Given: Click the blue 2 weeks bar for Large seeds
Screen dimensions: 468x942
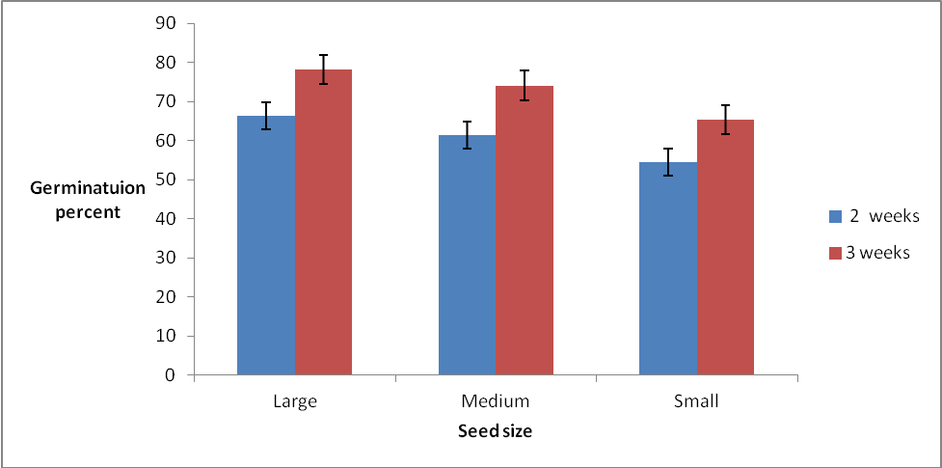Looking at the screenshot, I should [x=266, y=246].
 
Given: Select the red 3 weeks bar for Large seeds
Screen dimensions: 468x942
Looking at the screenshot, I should [x=323, y=222].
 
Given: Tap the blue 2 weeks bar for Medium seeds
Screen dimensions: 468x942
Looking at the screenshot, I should [x=467, y=255].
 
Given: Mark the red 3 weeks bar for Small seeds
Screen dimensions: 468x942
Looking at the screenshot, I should [x=725, y=247].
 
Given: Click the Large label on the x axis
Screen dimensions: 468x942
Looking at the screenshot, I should [x=294, y=400].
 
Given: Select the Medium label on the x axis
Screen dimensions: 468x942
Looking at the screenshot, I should [x=496, y=400].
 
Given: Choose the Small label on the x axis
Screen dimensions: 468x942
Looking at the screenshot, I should [x=696, y=400].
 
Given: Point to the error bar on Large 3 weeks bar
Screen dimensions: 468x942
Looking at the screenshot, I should [x=324, y=69].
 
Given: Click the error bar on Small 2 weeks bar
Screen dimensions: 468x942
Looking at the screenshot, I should [x=668, y=162].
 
